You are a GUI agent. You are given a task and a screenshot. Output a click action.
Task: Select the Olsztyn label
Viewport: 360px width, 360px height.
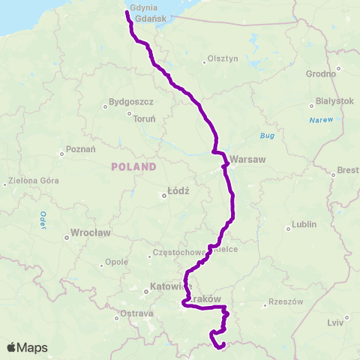(222, 58)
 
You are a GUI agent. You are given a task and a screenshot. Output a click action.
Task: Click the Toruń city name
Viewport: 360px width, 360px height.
(144, 118)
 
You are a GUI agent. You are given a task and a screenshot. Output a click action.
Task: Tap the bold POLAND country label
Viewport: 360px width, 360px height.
(133, 166)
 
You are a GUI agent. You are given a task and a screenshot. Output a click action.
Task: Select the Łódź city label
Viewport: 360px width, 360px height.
(178, 190)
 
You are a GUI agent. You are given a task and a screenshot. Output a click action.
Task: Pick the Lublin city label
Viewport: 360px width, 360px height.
(304, 224)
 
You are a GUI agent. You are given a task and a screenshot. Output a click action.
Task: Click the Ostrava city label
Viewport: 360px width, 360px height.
(137, 313)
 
